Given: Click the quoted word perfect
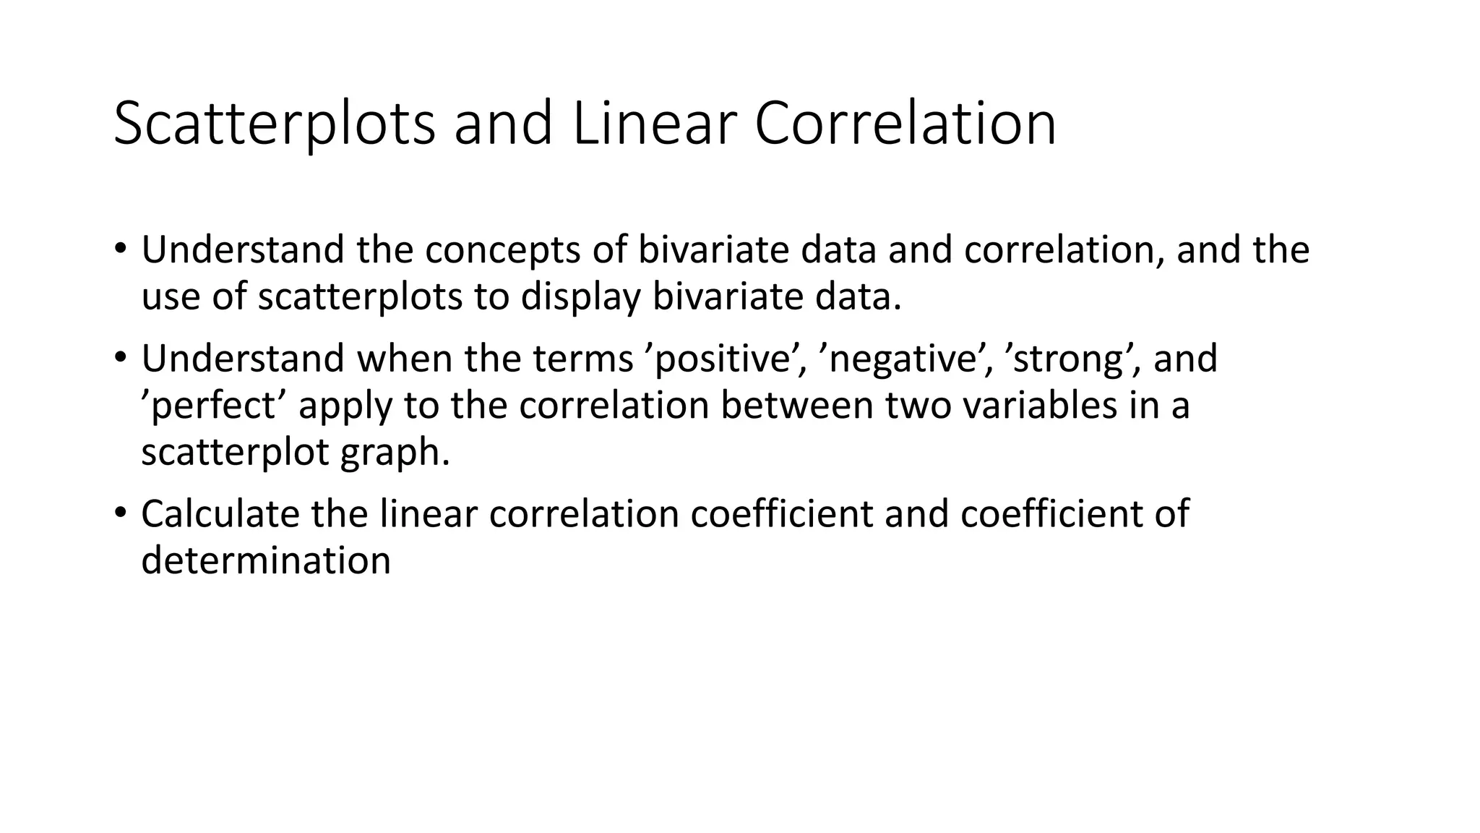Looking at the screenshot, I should pos(214,406).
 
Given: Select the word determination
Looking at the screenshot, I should pos(266,560).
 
